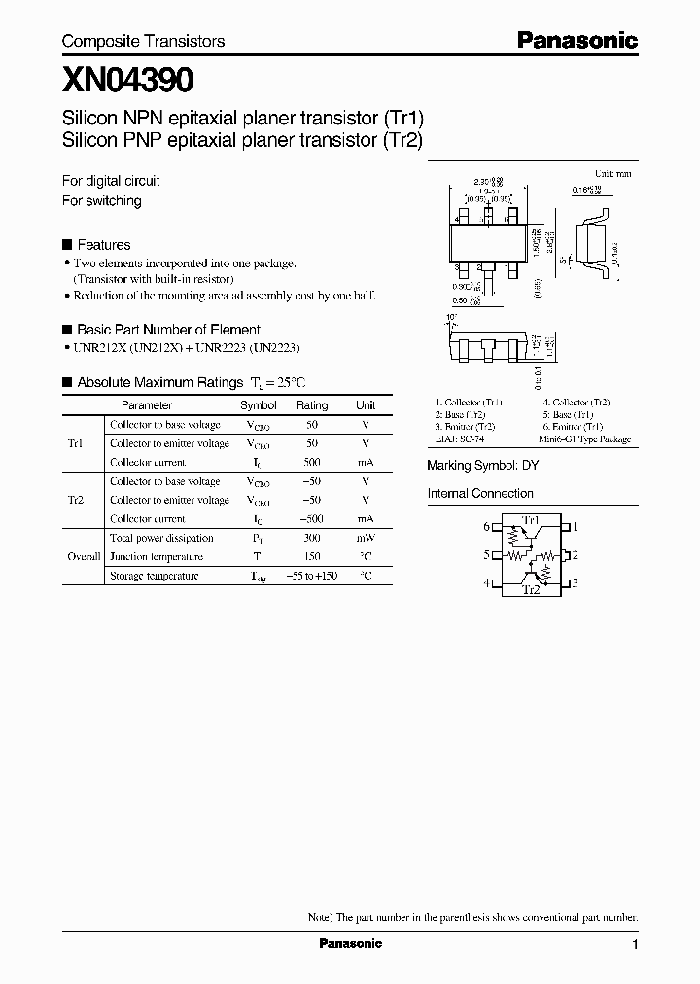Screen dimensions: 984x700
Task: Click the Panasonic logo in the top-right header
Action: coord(577,40)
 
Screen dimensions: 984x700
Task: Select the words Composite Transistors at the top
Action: coord(143,41)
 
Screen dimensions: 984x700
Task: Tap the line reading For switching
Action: coord(101,201)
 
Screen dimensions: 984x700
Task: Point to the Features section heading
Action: coord(103,245)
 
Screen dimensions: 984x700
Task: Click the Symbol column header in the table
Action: coord(258,405)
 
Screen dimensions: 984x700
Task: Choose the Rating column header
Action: coord(312,405)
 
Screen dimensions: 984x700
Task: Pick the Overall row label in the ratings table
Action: coord(84,557)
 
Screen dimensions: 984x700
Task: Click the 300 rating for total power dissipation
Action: coord(312,538)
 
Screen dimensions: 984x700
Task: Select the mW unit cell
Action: coord(366,538)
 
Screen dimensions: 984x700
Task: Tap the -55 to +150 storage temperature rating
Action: coord(312,576)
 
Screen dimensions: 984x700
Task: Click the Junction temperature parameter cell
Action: coord(156,557)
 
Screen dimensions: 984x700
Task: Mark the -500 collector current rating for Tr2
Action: coord(312,519)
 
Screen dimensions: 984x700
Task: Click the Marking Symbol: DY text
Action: coord(482,466)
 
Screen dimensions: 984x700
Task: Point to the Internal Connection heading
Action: coord(480,494)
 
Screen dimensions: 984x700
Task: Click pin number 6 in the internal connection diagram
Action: coord(487,527)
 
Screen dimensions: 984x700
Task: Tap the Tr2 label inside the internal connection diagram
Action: coord(531,590)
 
